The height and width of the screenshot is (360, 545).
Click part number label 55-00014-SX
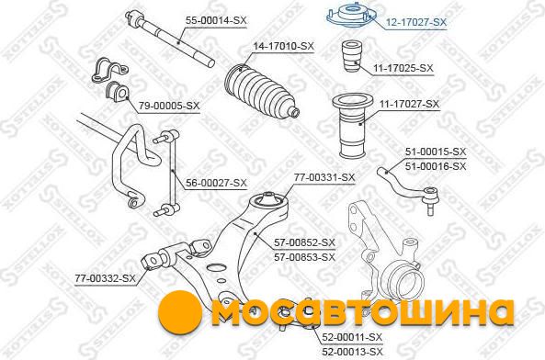coord(216,20)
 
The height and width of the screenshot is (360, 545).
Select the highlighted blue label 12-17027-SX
coord(416,23)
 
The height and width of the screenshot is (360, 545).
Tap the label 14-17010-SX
coord(283,46)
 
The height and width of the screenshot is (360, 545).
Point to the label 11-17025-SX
coord(403,68)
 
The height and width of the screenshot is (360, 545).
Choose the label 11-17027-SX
coord(409,104)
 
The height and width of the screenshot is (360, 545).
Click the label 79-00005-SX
coord(169,106)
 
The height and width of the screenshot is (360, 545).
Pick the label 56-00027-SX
coord(216,183)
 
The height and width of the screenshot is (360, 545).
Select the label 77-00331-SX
coord(324,178)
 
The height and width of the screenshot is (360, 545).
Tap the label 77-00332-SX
coord(105,278)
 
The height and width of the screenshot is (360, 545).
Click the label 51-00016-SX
coord(436,166)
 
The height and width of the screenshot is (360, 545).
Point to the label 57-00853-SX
coord(304,257)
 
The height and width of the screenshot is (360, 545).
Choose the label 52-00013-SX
coord(352,352)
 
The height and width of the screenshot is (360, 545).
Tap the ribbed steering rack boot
coord(262,91)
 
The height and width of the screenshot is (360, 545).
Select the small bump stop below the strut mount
coord(352,57)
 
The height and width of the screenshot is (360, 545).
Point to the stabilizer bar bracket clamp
coord(109,70)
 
